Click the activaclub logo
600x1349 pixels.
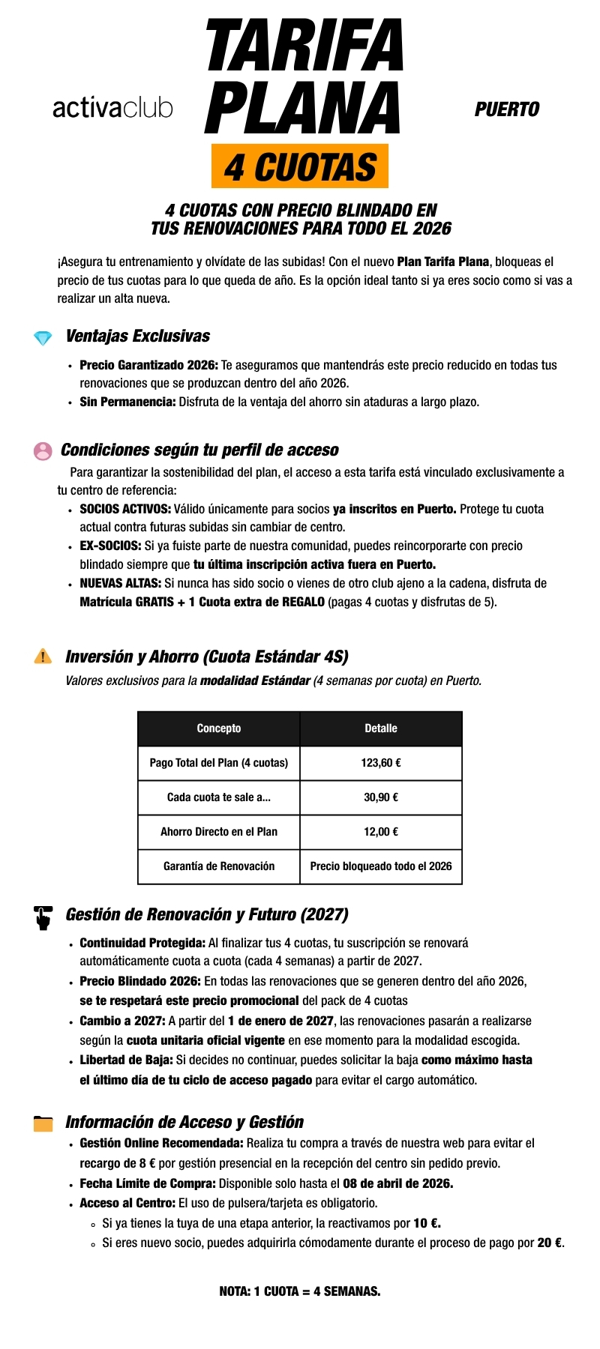click(112, 108)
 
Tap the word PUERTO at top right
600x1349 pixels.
click(507, 110)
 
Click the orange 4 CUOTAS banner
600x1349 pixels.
click(300, 166)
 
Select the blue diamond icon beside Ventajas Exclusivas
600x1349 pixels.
click(43, 338)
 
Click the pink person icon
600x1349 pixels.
click(43, 450)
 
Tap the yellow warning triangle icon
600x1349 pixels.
click(43, 657)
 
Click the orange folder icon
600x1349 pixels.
click(43, 1123)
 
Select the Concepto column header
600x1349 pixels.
click(219, 728)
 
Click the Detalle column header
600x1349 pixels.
click(381, 728)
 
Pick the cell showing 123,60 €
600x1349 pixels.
click(381, 763)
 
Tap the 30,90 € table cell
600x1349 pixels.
click(381, 797)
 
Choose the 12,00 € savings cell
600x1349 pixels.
click(381, 832)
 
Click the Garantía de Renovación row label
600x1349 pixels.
click(219, 866)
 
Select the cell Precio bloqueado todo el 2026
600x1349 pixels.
click(381, 866)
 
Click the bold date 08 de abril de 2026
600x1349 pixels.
click(397, 1183)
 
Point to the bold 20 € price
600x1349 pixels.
click(550, 1243)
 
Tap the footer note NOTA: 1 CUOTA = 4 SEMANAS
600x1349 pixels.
click(300, 1291)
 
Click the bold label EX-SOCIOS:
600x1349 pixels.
click(110, 546)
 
